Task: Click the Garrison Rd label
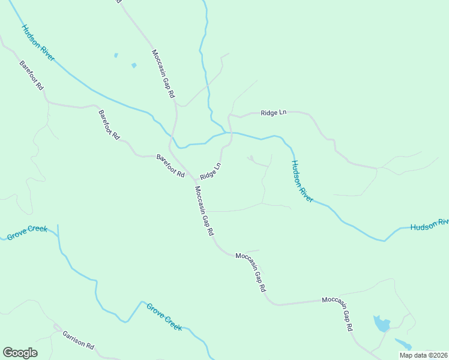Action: coord(78,338)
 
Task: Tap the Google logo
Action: coord(20,353)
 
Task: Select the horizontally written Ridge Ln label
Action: coord(274,113)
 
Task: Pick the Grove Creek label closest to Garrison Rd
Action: coord(164,316)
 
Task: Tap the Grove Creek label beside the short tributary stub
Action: coord(26,233)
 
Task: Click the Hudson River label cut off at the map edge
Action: coord(429,225)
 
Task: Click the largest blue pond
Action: coord(381,324)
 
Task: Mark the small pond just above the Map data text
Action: coord(403,343)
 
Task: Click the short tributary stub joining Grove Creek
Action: coord(58,234)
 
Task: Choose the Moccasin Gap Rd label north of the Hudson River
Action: coord(163,73)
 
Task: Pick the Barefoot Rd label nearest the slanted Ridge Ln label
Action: coord(170,165)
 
